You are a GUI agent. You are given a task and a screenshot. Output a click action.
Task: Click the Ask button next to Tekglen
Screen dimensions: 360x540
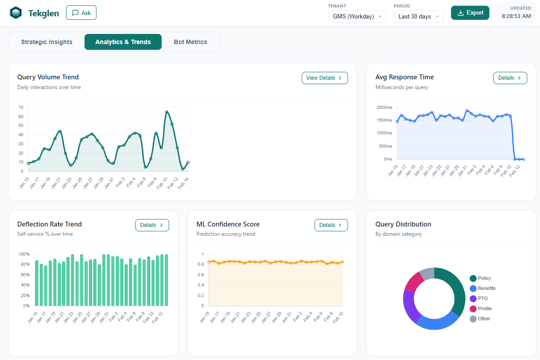tap(81, 13)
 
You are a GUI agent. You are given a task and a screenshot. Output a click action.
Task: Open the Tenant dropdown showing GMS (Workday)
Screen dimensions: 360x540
tap(357, 16)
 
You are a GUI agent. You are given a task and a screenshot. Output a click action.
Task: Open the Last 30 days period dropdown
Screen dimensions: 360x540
tap(418, 16)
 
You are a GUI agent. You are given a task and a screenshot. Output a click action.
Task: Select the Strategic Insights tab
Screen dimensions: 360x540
tap(47, 42)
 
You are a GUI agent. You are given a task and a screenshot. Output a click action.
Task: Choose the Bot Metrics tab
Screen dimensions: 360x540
tap(190, 42)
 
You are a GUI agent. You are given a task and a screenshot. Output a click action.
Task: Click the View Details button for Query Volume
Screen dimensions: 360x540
tap(325, 78)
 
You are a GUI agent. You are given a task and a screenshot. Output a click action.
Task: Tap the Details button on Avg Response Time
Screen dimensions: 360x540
tap(510, 78)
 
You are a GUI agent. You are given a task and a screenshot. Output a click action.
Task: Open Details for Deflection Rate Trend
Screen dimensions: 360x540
tap(152, 225)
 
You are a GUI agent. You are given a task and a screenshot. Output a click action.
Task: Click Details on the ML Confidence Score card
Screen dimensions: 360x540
tap(331, 225)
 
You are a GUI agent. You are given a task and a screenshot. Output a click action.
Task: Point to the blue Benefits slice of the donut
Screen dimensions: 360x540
tap(436, 322)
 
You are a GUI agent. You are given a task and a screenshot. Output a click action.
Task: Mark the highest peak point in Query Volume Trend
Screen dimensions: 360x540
tap(167, 112)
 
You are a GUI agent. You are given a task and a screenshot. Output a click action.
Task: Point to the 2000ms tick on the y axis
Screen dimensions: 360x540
tap(384, 108)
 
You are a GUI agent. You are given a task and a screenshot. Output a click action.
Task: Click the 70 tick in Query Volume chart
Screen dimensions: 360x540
tap(21, 108)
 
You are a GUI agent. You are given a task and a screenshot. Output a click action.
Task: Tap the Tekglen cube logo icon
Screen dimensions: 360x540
tap(16, 13)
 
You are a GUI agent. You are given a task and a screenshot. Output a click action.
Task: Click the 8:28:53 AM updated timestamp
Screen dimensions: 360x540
tap(516, 16)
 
